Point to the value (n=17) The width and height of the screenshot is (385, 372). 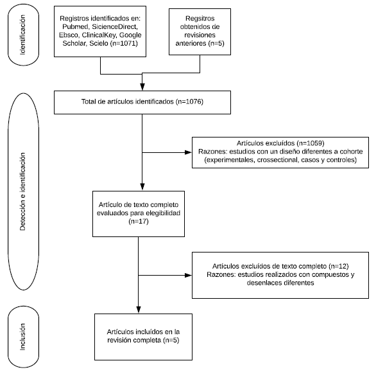(139, 222)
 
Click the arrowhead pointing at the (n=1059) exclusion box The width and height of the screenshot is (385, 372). (189, 152)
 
